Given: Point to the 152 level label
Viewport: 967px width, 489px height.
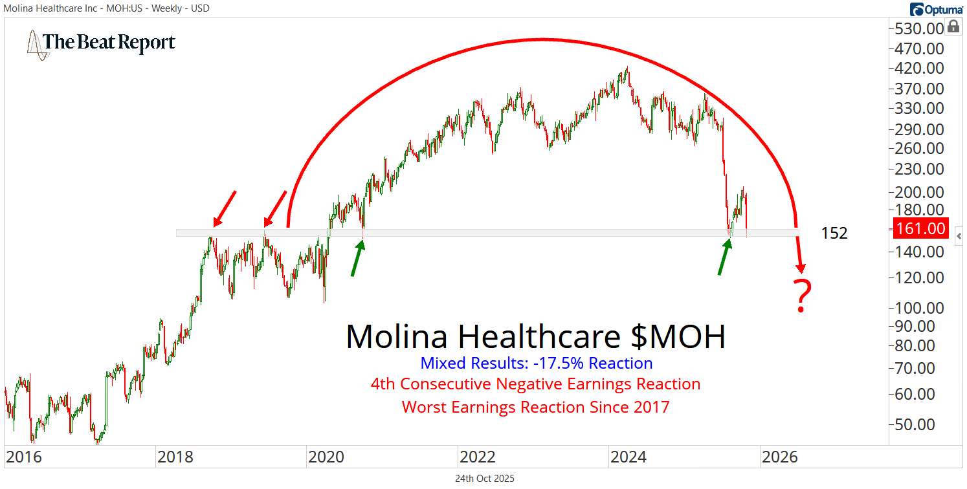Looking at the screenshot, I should coord(834,233).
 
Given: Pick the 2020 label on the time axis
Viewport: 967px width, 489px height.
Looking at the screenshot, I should coord(326,457).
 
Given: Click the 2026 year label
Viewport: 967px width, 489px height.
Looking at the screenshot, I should coord(781,457).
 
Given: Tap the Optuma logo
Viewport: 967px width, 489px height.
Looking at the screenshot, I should coord(936,9).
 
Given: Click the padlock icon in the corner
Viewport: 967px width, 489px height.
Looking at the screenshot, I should coord(953,27).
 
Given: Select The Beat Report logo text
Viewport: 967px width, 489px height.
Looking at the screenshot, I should coord(109,43).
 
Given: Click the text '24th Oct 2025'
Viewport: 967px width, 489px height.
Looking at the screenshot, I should coord(485,479).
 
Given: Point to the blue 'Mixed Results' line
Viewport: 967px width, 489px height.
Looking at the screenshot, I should coord(537,363).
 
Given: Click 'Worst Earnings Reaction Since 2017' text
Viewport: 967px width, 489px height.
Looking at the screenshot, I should coord(536,407).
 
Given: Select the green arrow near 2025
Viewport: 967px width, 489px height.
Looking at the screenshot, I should coord(724,256).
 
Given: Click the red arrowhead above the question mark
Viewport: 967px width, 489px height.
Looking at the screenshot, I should coord(801,266).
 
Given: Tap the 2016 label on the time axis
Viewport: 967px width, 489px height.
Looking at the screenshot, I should coord(24,457).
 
